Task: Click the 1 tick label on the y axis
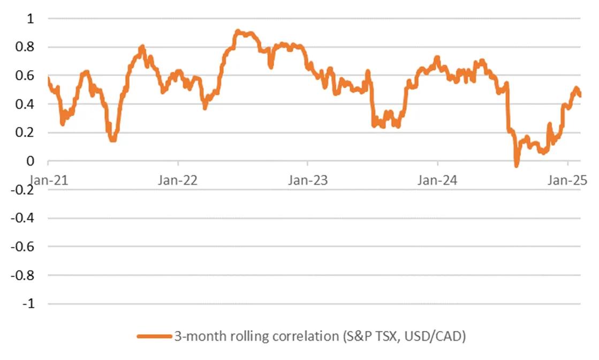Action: [30, 19]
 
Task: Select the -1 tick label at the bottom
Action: [28, 304]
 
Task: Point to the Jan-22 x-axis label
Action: [178, 180]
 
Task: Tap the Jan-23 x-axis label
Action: [308, 180]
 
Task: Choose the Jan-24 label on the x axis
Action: [438, 180]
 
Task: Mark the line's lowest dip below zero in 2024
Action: [516, 166]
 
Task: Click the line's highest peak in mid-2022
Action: [238, 32]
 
